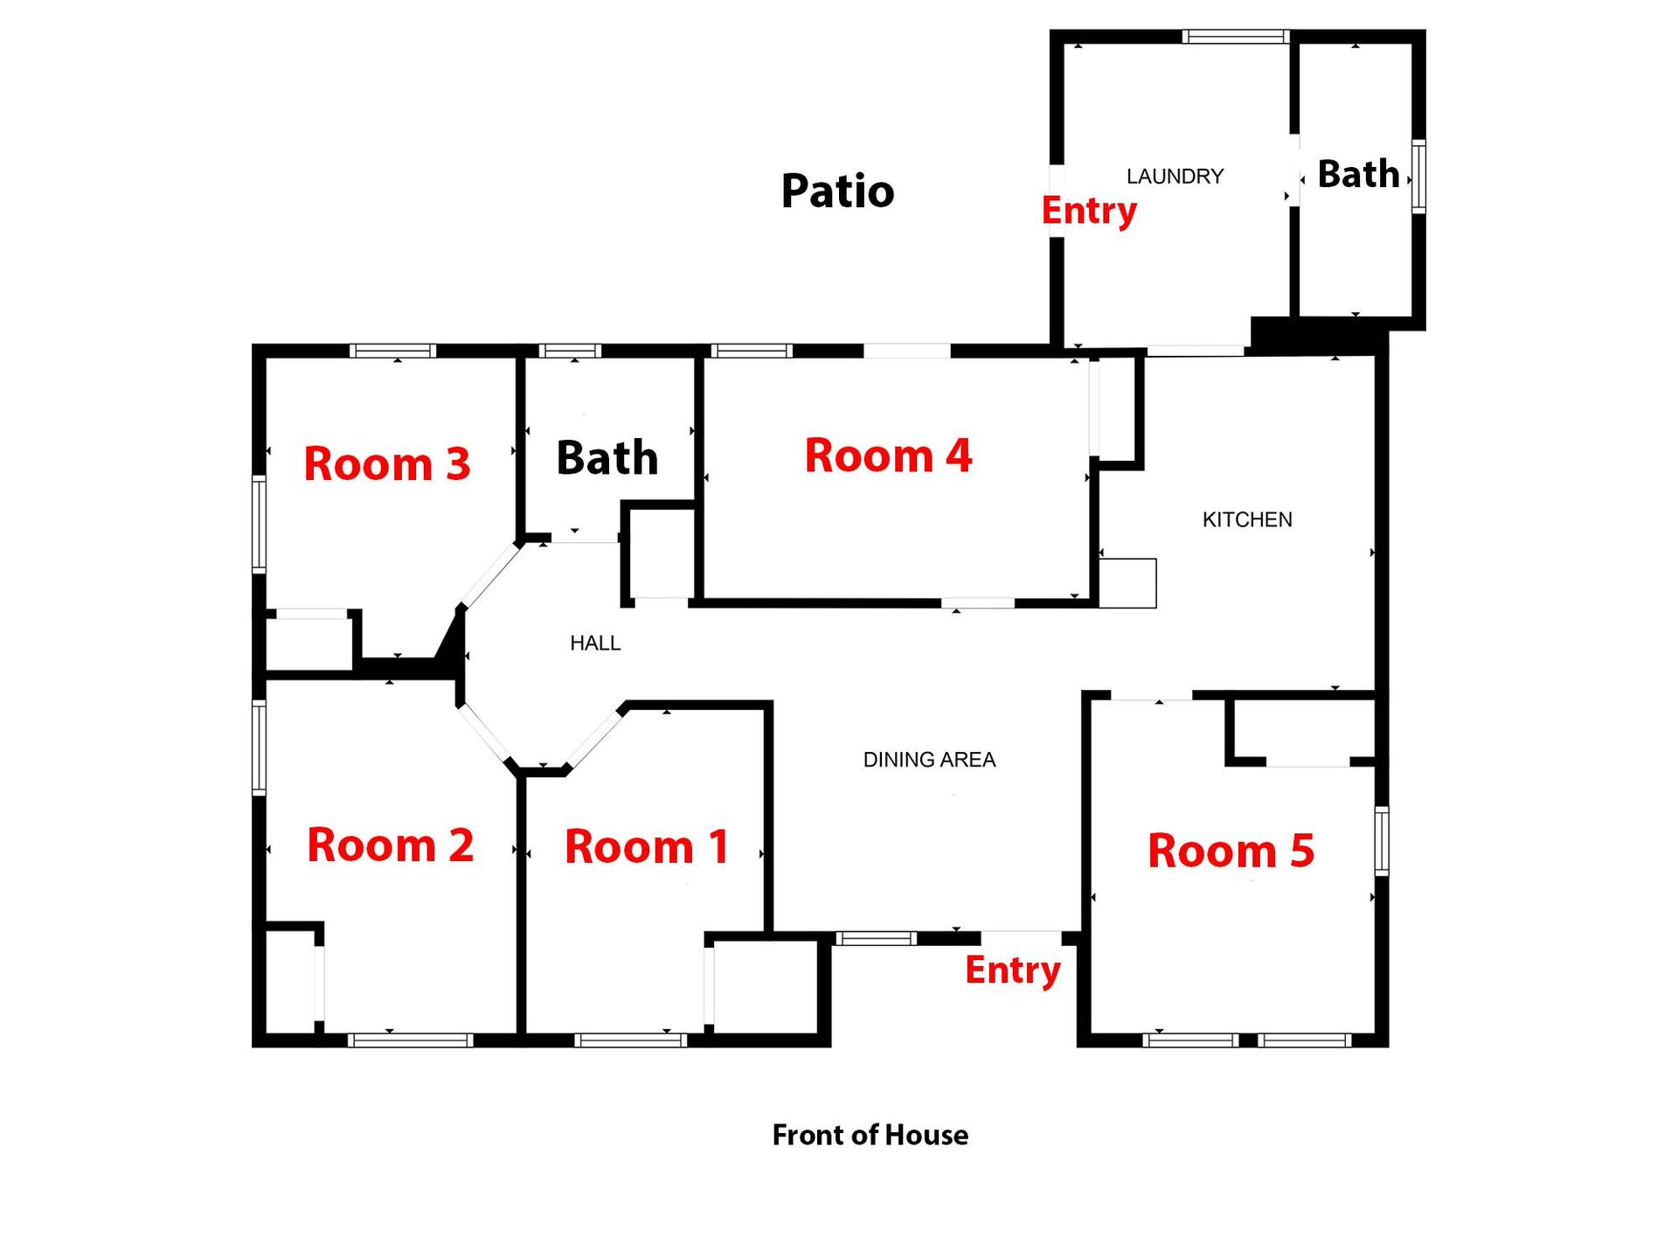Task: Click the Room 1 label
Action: [647, 846]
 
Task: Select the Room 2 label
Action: [390, 845]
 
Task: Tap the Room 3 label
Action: [386, 463]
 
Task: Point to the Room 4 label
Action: [888, 456]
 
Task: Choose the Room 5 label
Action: [1231, 851]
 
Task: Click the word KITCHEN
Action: [1247, 520]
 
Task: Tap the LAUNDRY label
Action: [1175, 177]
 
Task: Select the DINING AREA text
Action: [929, 760]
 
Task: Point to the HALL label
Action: [595, 643]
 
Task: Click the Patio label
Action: [837, 191]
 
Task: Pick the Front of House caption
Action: [870, 1135]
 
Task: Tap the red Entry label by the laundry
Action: [1089, 211]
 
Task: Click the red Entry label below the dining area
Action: [1012, 970]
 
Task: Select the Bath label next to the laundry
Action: [1358, 174]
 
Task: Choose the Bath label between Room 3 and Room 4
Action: [607, 457]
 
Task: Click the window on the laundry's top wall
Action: [1236, 37]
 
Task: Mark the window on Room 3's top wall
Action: [392, 351]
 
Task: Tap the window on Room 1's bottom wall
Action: [630, 1040]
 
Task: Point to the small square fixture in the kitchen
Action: [1127, 583]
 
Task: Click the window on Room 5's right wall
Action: [1382, 841]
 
